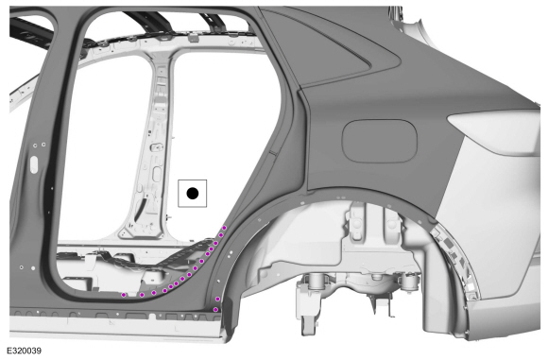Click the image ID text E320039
pos(25,351)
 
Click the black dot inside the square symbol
pos(193,194)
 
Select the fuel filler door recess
pos(380,141)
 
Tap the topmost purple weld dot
pos(224,228)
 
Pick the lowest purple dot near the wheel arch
pos(215,309)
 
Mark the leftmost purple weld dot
pos(124,295)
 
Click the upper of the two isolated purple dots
pos(217,299)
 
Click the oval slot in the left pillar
pos(34,164)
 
